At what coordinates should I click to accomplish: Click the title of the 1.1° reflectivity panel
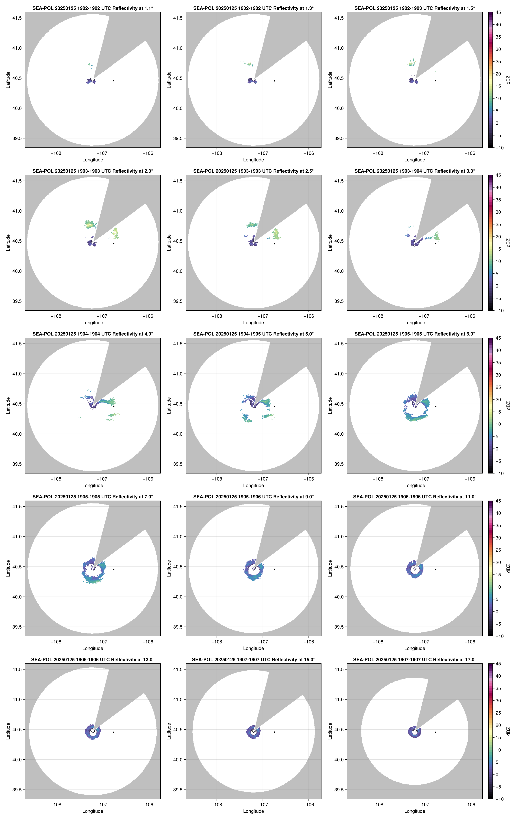coord(93,8)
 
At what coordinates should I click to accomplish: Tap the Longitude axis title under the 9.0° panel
coord(253,648)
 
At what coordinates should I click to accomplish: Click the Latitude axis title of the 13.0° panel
coord(8,731)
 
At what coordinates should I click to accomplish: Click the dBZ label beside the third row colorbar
coord(508,405)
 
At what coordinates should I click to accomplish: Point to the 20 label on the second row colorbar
coord(498,237)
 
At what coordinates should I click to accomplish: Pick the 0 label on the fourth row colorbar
coord(497,611)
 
